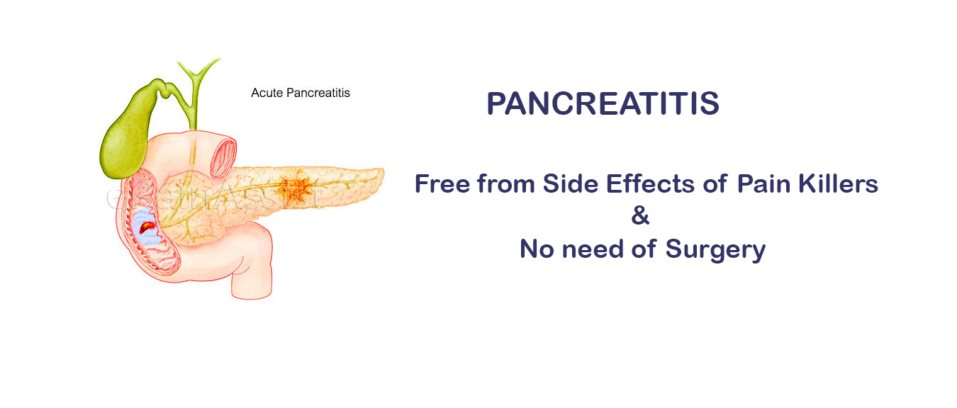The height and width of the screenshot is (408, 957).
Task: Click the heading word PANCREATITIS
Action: tap(603, 104)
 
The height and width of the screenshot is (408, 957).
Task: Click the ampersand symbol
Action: tap(640, 216)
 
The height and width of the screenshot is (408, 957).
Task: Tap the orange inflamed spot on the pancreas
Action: tap(290, 187)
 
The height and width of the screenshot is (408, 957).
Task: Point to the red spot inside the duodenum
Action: tap(145, 227)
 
